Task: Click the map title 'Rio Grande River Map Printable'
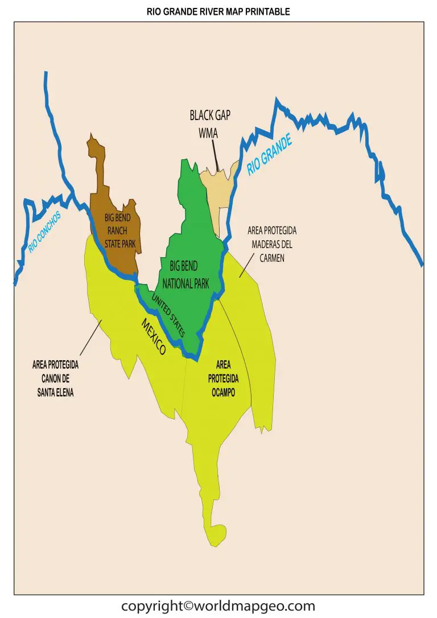click(218, 11)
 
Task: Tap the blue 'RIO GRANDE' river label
click(269, 154)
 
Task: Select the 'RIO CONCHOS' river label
click(44, 232)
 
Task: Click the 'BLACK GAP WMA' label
click(209, 123)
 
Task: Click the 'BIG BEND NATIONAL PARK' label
click(185, 274)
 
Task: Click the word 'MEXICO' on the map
click(153, 336)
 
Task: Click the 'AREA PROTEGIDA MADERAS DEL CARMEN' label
click(273, 244)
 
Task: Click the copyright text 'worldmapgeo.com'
click(218, 605)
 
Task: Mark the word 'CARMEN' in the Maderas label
click(273, 258)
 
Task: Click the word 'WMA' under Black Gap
click(209, 131)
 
